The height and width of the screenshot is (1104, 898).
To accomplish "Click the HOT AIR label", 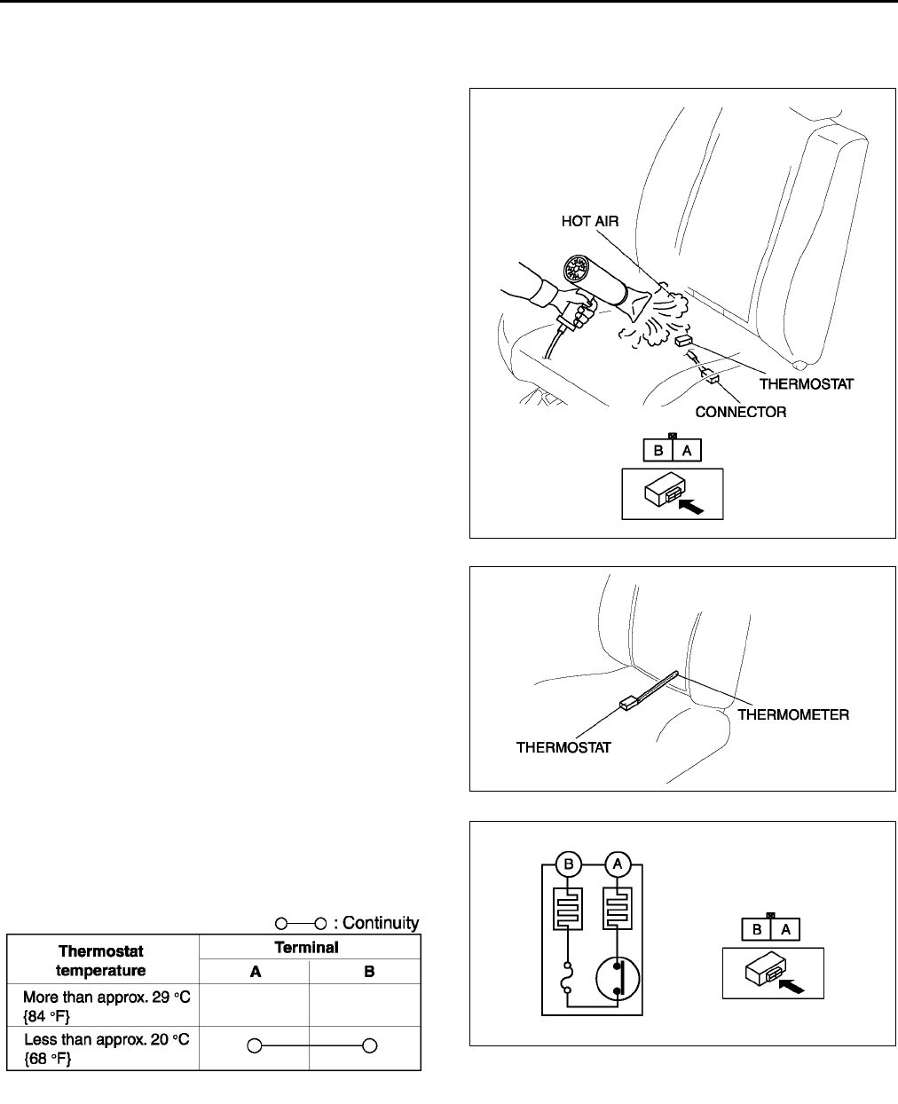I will click(590, 222).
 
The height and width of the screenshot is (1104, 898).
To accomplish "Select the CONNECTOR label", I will click(740, 412).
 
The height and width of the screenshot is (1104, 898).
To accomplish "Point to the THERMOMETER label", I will click(794, 714).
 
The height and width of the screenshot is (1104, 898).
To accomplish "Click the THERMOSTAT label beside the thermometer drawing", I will click(563, 747).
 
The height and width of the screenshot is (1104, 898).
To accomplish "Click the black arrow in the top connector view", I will click(692, 507).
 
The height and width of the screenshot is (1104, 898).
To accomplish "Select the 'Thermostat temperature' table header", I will click(101, 960).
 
